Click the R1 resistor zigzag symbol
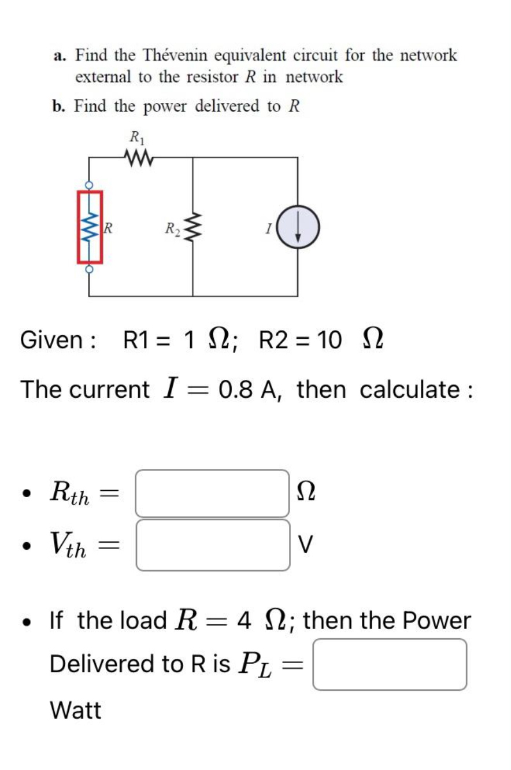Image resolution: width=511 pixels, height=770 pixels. tap(138, 157)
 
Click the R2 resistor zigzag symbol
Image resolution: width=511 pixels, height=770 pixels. tap(194, 227)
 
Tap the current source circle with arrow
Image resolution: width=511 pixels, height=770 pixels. tap(298, 228)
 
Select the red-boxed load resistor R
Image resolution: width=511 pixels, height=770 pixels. tap(90, 227)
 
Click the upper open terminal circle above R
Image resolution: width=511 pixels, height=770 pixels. tap(89, 185)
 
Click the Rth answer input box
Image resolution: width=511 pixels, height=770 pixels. tap(212, 493)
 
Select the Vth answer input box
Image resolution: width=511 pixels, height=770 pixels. tap(212, 545)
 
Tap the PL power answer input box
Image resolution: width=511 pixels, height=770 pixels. tap(390, 664)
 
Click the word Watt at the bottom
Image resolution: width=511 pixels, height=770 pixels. tap(76, 710)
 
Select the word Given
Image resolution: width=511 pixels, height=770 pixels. tap(52, 340)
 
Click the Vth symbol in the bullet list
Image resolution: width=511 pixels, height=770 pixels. tap(68, 544)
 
